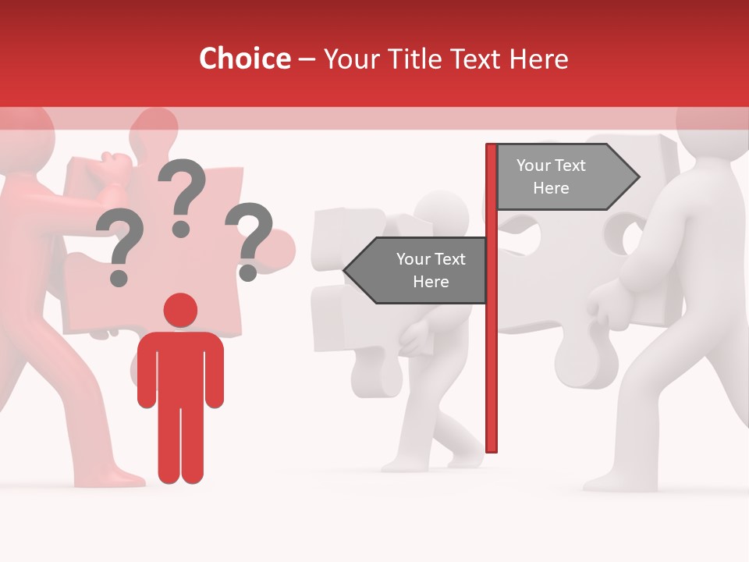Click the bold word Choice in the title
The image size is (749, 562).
[x=244, y=59]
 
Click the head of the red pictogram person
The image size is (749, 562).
[x=180, y=311]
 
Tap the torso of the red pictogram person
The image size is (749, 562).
[x=180, y=367]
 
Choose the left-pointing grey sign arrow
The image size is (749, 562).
[x=417, y=270]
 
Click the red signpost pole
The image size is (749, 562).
[x=492, y=351]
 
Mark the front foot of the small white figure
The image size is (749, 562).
[x=402, y=464]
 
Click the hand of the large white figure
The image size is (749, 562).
[x=605, y=308]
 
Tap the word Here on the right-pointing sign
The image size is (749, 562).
[x=551, y=188]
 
